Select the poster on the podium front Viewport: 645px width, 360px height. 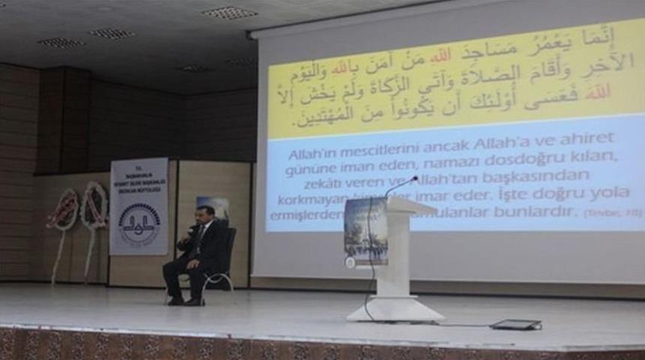click(x=365, y=231)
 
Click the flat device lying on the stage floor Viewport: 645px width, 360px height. click(x=515, y=325)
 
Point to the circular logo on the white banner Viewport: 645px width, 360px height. click(x=139, y=223)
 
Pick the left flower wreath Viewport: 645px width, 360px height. click(x=63, y=209)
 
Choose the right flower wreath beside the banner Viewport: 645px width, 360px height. click(x=94, y=205)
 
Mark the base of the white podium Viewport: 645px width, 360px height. click(x=395, y=310)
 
